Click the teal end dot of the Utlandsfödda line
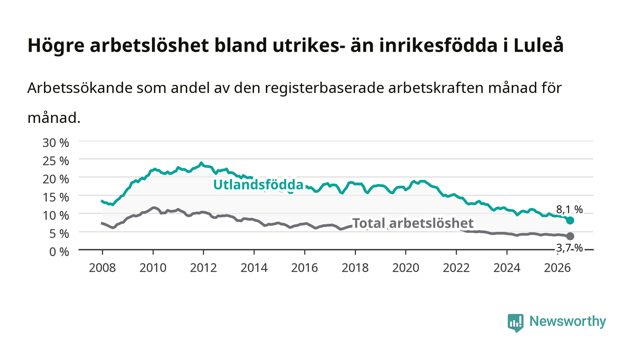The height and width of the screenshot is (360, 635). click(x=570, y=220)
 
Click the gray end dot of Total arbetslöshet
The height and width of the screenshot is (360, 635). click(x=570, y=236)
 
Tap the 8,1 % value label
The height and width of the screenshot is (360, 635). click(x=569, y=210)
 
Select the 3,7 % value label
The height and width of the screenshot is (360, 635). click(x=569, y=248)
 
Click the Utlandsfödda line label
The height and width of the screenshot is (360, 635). click(x=258, y=185)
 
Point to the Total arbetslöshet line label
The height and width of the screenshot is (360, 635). click(x=412, y=223)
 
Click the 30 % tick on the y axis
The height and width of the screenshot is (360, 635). click(x=55, y=142)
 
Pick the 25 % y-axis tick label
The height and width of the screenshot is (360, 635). click(x=55, y=161)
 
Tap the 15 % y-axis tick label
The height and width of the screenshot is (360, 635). click(x=55, y=197)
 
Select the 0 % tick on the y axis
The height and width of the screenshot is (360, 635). click(x=59, y=252)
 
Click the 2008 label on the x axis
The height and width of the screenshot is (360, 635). click(x=103, y=268)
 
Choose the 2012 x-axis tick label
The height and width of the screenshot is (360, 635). click(x=203, y=268)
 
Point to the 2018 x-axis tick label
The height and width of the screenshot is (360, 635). click(x=355, y=268)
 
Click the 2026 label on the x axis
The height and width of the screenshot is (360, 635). click(x=557, y=268)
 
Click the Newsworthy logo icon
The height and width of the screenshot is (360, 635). click(x=516, y=323)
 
